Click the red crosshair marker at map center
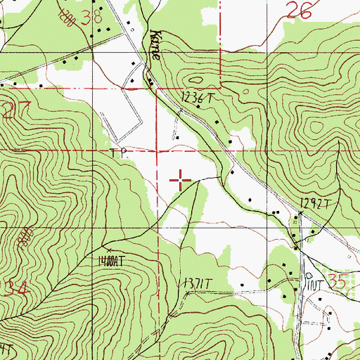pyautogui.click(x=181, y=181)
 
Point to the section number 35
pyautogui.click(x=337, y=282)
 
